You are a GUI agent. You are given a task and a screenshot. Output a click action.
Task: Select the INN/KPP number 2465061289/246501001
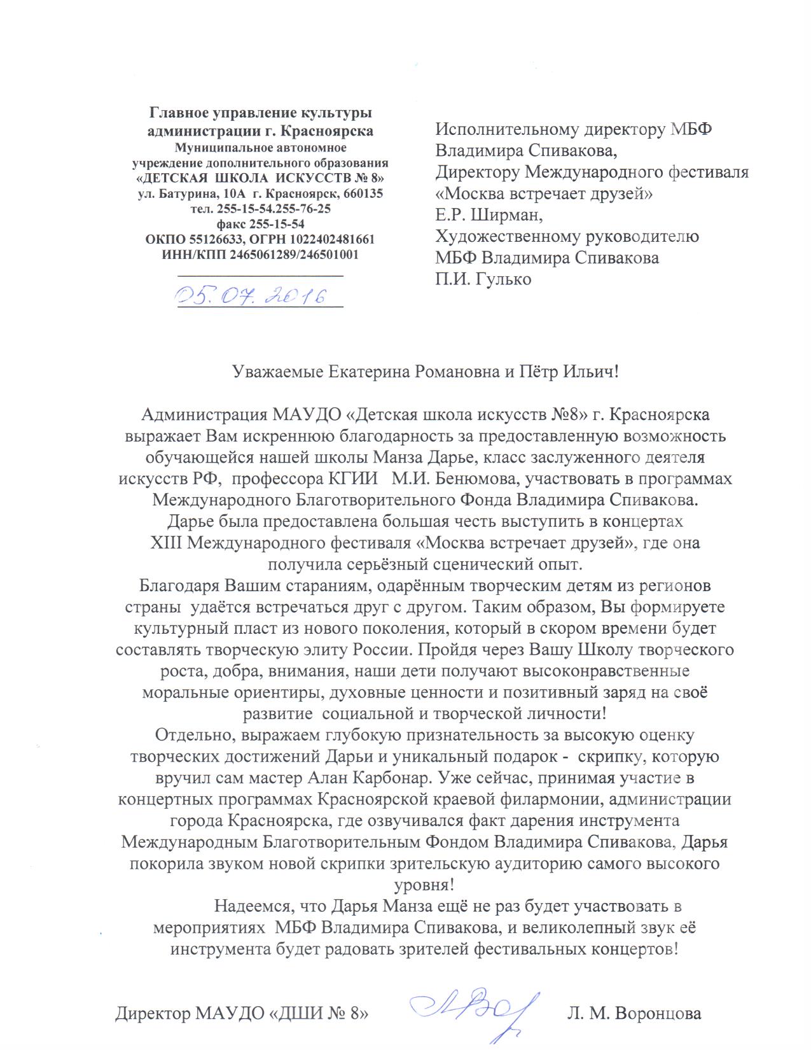pos(294,255)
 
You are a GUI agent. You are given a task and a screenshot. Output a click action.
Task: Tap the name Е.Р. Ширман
pos(489,215)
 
